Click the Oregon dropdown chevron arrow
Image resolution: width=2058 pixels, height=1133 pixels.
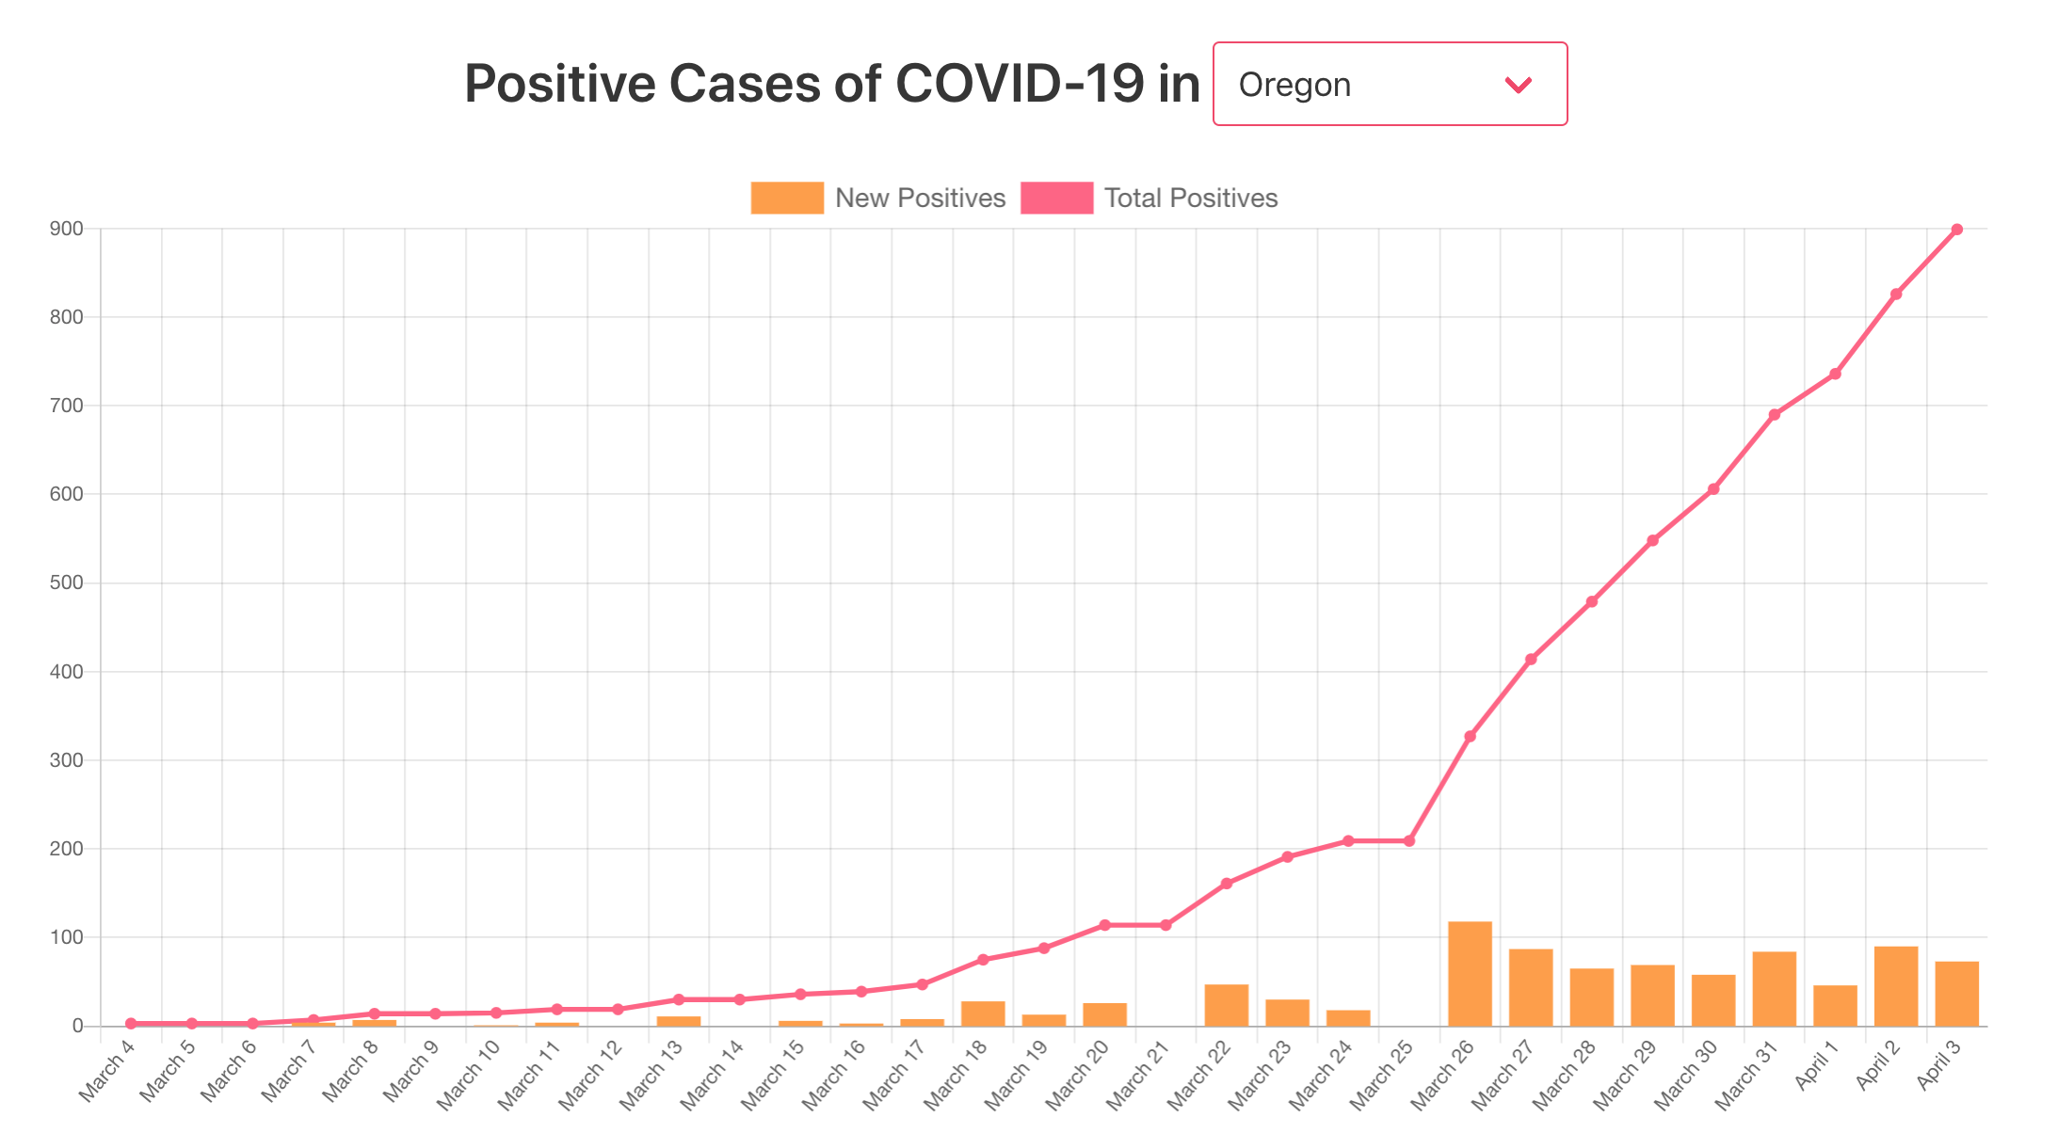1518,85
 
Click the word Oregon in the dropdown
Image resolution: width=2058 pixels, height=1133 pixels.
1294,85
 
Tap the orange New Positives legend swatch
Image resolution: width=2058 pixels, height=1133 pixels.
787,198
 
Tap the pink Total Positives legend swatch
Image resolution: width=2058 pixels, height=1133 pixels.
1056,198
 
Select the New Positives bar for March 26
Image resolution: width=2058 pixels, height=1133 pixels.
1470,974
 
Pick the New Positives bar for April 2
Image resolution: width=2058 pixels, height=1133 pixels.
1896,986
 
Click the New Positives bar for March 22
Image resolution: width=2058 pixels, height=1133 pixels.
1226,1005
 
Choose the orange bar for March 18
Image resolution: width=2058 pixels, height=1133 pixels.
983,1013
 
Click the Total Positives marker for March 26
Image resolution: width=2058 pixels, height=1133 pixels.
1470,737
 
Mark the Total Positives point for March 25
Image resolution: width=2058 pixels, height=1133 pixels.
1409,840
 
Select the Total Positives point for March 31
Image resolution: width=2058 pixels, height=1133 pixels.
1775,415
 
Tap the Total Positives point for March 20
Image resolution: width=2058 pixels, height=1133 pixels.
1105,925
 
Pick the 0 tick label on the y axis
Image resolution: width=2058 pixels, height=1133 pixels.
78,1026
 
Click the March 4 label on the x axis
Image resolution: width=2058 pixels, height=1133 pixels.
107,1077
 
